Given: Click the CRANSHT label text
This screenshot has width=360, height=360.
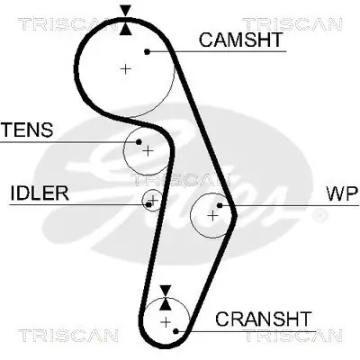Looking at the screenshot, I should [x=264, y=319].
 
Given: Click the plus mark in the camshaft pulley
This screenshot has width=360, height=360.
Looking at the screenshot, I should [x=126, y=68].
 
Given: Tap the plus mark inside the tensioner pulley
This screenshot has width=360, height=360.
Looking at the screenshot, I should [x=147, y=149].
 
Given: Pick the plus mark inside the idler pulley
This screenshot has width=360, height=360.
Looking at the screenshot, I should [x=153, y=199].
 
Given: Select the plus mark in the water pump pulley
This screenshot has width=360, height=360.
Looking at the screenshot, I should [x=212, y=215].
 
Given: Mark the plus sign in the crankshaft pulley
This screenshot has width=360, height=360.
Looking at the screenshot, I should [x=166, y=320].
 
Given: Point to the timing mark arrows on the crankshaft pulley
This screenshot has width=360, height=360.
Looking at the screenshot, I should [x=165, y=297].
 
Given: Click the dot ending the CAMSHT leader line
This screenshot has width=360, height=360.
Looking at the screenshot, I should [x=146, y=51].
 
